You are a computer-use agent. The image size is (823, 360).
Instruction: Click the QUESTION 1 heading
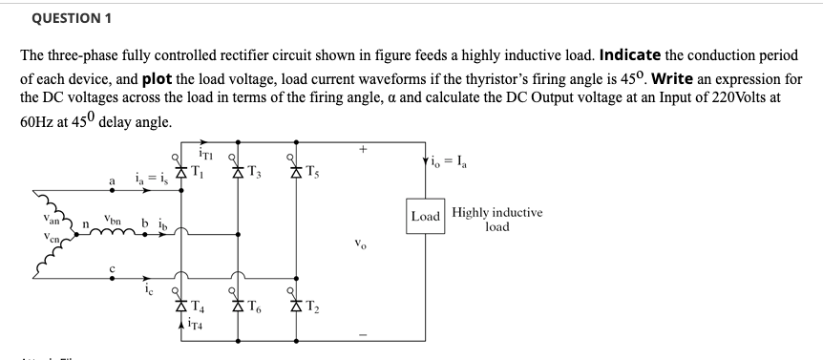(x=65, y=18)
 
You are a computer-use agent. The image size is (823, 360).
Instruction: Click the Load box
(x=426, y=215)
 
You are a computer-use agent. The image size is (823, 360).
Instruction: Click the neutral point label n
(x=85, y=226)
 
